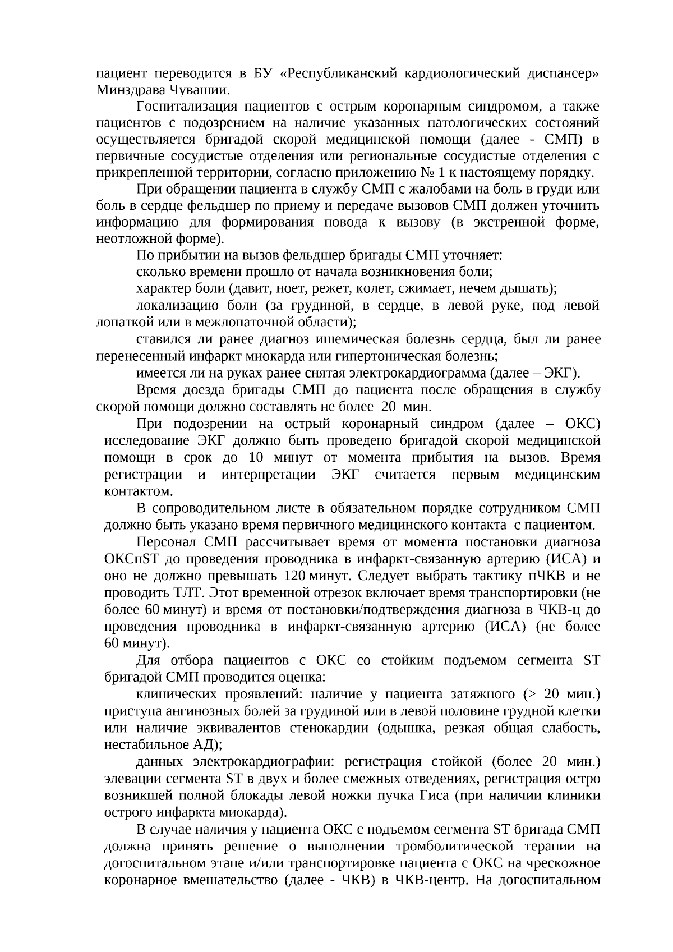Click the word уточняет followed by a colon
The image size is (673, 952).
coord(473,256)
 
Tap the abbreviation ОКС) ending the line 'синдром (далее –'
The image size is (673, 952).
coord(579,424)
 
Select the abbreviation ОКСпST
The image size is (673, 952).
coord(128,559)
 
